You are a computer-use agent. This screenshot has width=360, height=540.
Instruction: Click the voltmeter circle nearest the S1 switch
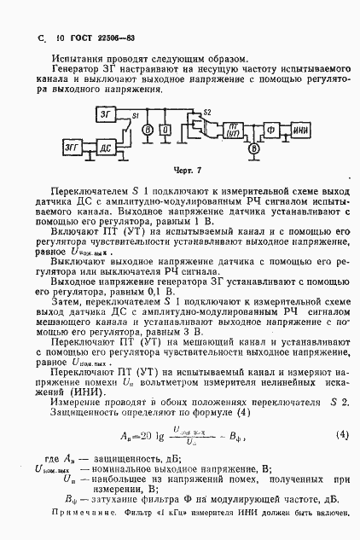[147, 129]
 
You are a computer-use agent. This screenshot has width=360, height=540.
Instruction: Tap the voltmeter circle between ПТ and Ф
[253, 148]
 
